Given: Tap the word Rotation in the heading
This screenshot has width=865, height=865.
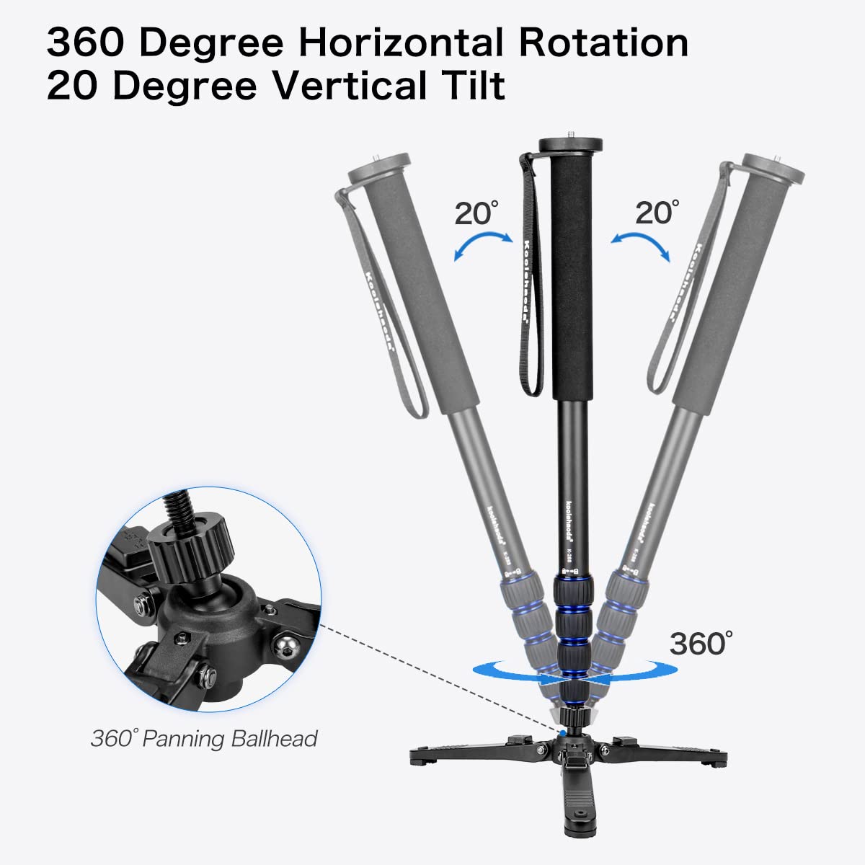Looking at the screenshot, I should (x=603, y=43).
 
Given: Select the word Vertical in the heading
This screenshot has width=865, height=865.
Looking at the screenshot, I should (x=344, y=86).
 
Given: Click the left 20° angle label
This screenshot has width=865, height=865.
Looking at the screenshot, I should (x=475, y=214).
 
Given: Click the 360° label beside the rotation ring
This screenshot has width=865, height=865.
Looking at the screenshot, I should (x=701, y=643).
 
